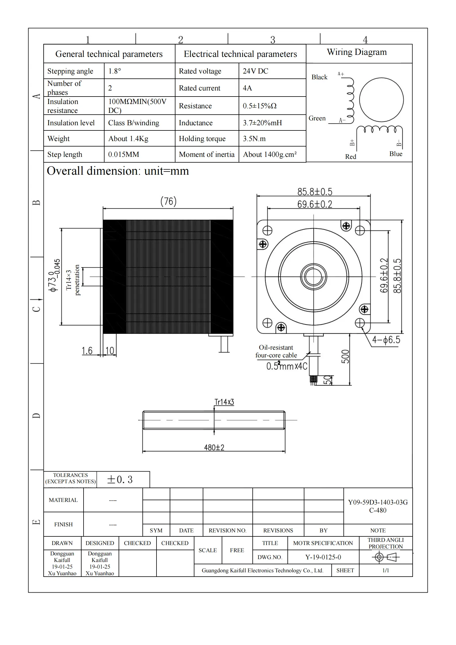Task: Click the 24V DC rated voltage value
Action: [255, 71]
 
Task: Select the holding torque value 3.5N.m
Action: [254, 138]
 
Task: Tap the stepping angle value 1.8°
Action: [115, 71]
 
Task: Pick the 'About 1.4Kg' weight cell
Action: [128, 138]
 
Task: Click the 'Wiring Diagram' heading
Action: [357, 52]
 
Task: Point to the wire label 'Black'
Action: [319, 77]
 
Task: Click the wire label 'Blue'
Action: [396, 154]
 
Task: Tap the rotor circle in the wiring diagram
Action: [381, 100]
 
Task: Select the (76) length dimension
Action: [168, 201]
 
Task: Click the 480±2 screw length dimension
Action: [214, 447]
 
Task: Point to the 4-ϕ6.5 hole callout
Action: [386, 340]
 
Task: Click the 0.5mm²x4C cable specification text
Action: [287, 366]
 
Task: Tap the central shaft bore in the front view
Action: [314, 277]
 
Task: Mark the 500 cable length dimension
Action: [345, 357]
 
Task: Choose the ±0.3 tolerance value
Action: [120, 480]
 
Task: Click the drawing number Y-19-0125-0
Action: [323, 557]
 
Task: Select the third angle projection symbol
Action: [385, 557]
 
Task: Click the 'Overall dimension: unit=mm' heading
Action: [118, 171]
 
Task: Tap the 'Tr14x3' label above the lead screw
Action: [224, 402]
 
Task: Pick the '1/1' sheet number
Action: [385, 570]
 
